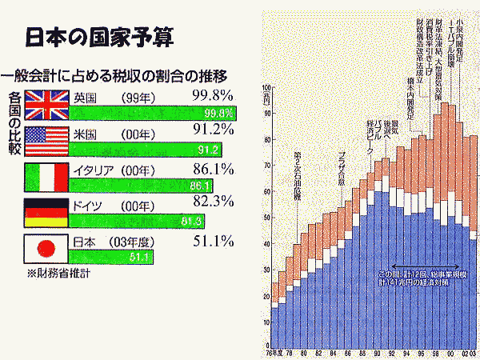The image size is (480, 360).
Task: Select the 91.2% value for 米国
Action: coord(213,130)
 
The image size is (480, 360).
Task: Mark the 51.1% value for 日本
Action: coord(213,240)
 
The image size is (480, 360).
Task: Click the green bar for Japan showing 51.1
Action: coord(112,257)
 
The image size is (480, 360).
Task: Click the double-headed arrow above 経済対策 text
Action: coord(425,266)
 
